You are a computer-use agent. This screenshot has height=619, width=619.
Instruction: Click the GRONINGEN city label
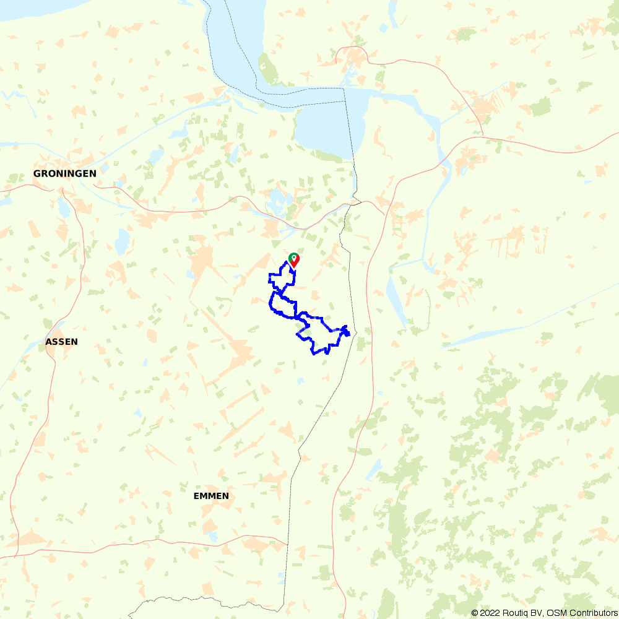click(65, 174)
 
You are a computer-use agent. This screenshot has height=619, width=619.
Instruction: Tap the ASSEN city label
click(62, 342)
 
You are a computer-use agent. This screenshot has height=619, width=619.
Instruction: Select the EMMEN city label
click(211, 496)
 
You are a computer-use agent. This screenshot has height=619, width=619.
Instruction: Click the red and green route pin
click(294, 259)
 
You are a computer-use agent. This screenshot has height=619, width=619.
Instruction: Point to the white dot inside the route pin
click(293, 256)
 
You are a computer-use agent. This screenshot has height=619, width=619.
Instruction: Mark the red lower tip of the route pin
click(294, 267)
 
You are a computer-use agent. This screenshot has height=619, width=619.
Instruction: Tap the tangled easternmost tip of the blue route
click(347, 332)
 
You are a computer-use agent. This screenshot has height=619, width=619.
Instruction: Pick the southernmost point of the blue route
click(314, 354)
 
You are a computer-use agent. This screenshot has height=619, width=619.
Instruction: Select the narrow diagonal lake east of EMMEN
click(374, 470)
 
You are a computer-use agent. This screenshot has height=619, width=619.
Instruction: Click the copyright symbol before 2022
click(475, 613)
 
